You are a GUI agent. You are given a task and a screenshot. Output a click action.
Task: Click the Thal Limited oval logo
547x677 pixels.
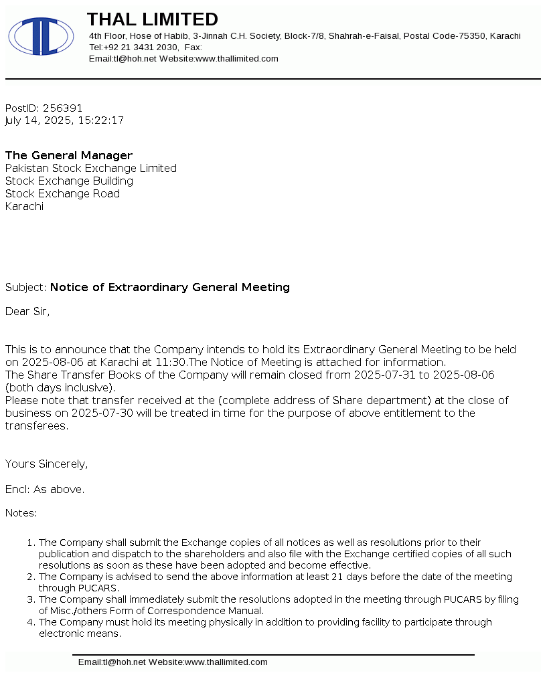pos(41,36)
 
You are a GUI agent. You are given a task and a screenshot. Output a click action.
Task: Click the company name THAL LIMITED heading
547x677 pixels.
pos(153,19)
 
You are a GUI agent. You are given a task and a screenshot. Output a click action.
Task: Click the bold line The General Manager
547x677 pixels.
pos(69,155)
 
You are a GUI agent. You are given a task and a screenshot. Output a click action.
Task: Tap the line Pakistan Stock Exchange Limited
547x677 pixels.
pos(91,168)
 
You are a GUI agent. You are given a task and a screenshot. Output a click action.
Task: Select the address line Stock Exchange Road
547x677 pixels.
pos(63,193)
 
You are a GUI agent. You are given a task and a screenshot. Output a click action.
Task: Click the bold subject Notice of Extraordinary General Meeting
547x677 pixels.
pos(170,287)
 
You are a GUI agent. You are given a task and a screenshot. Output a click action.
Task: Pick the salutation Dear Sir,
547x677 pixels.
pos(27,311)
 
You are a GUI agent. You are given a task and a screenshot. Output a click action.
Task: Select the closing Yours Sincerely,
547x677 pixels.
pos(47,464)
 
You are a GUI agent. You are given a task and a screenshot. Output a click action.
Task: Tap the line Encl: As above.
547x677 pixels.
pos(45,489)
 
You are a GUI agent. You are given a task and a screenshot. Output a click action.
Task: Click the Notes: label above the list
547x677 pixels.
pos(21,513)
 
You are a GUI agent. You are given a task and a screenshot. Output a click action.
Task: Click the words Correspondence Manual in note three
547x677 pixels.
pos(222,611)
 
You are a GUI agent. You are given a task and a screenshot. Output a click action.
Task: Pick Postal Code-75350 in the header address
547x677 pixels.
pos(444,35)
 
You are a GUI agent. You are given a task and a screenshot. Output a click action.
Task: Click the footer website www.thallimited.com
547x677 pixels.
pos(226,662)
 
